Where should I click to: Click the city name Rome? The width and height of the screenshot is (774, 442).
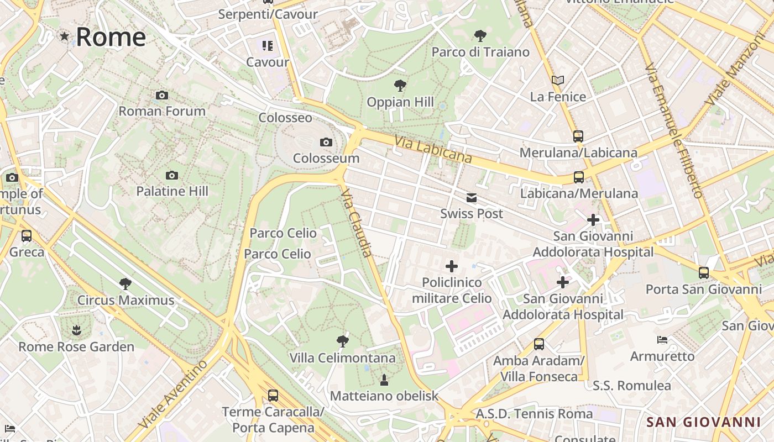click(x=111, y=37)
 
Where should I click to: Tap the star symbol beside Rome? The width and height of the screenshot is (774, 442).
click(x=65, y=36)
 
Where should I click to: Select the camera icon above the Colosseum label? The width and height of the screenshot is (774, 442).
click(x=326, y=143)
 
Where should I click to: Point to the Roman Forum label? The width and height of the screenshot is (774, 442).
click(x=162, y=111)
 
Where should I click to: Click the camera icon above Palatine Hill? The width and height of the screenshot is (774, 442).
click(x=172, y=176)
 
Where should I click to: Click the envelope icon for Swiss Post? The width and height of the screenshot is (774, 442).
click(x=472, y=198)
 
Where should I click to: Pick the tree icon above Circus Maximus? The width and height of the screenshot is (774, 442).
click(x=125, y=284)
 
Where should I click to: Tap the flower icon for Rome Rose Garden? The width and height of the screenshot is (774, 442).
click(x=76, y=330)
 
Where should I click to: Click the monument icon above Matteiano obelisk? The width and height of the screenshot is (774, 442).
click(x=384, y=380)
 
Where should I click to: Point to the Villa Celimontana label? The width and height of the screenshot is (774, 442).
click(x=343, y=358)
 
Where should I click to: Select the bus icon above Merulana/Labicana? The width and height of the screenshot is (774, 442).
click(x=578, y=136)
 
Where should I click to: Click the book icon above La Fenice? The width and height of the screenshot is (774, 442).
click(x=558, y=81)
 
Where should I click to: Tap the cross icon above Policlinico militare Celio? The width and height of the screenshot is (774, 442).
click(x=452, y=266)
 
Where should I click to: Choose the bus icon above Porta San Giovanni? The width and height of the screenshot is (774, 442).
click(x=703, y=272)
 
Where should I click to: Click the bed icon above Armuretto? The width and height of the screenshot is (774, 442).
click(x=662, y=339)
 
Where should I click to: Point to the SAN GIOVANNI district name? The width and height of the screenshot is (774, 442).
click(x=703, y=422)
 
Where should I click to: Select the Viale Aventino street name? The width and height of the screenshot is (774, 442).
click(x=173, y=393)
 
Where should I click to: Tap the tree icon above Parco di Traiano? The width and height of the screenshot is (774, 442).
click(x=480, y=36)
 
